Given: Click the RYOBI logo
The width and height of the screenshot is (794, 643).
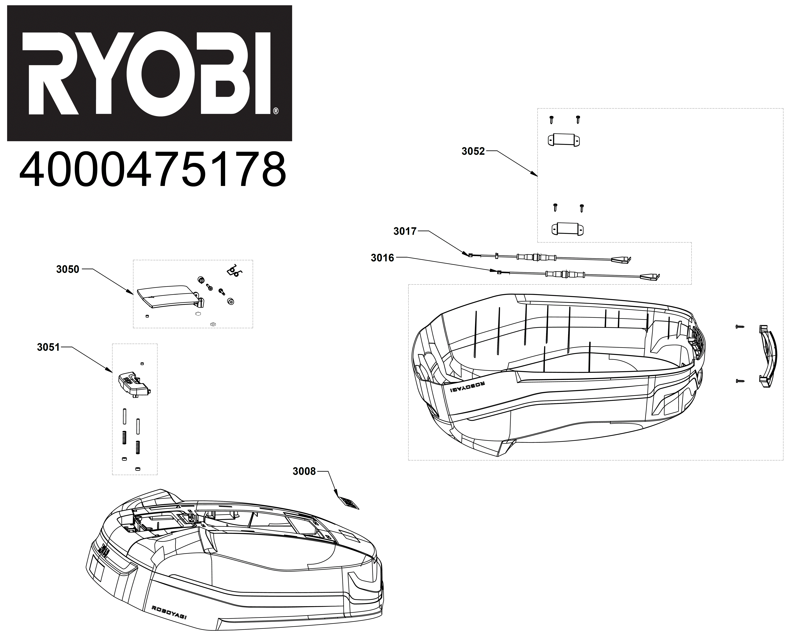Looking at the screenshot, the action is pyautogui.click(x=150, y=73).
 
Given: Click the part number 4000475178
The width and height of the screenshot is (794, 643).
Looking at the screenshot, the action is pyautogui.click(x=153, y=170).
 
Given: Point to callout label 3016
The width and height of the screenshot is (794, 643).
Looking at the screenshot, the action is pyautogui.click(x=383, y=258).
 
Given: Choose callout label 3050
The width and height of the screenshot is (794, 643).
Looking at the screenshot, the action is pyautogui.click(x=68, y=269).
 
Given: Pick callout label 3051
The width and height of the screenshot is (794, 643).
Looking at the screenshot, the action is pyautogui.click(x=49, y=347).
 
